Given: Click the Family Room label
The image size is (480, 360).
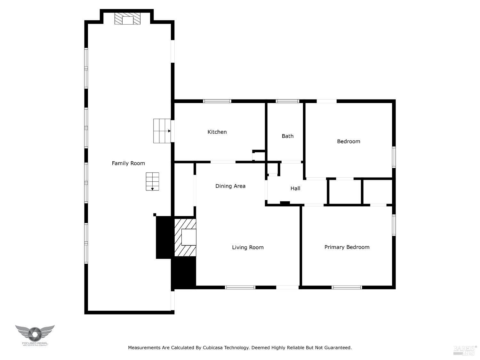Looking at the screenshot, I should [128, 163].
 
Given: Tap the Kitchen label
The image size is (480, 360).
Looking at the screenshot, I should [217, 132].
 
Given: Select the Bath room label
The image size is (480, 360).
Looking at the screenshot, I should [287, 136].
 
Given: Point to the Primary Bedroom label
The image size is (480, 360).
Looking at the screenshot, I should [347, 247].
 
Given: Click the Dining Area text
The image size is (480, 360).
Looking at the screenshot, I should [230, 186].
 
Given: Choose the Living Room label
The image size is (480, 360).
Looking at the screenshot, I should [248, 247].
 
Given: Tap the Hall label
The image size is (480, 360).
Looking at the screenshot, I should [295, 188].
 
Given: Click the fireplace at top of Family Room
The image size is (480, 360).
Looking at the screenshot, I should [128, 19].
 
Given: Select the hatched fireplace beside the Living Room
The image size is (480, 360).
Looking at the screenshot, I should [185, 237].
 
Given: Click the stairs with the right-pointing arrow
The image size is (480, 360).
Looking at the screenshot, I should [162, 131].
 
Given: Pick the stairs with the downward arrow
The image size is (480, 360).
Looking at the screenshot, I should [152, 181].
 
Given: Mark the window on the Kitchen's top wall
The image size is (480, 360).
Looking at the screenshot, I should [217, 101].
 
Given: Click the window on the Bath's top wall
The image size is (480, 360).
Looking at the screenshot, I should [287, 101].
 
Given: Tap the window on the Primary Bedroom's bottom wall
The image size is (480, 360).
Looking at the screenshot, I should [347, 287].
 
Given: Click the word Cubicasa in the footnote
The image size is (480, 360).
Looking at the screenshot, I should [213, 348].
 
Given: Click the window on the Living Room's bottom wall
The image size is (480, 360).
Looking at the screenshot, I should [240, 287].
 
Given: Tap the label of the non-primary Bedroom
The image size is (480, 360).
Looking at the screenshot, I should [348, 141].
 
